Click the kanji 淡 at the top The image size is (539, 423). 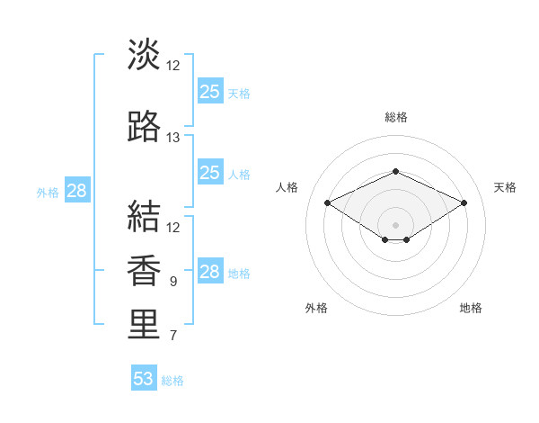pyautogui.click(x=144, y=54)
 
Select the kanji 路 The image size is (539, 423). pyautogui.click(x=144, y=126)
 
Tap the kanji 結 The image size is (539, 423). pyautogui.click(x=144, y=216)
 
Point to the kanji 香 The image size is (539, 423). pyautogui.click(x=144, y=270)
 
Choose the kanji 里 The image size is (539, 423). pyautogui.click(x=144, y=324)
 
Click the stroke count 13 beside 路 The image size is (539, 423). pyautogui.click(x=172, y=138)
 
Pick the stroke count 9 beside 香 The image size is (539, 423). pyautogui.click(x=173, y=282)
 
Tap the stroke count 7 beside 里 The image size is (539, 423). pyautogui.click(x=173, y=336)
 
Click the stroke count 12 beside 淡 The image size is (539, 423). pyautogui.click(x=172, y=66)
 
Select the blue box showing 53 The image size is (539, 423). pyautogui.click(x=144, y=377)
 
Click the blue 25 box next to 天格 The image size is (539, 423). pyautogui.click(x=210, y=91)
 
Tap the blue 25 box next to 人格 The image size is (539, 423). pyautogui.click(x=210, y=172)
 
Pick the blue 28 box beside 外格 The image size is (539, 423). pyautogui.click(x=77, y=190)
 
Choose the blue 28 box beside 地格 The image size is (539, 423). pyautogui.click(x=210, y=270)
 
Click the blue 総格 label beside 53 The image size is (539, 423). pyautogui.click(x=172, y=381)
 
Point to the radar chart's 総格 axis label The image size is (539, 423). pyautogui.click(x=396, y=117)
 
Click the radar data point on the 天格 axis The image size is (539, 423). pyautogui.click(x=464, y=202)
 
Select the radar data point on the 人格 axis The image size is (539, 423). pyautogui.click(x=327, y=202)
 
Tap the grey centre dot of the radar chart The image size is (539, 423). pyautogui.click(x=395, y=225)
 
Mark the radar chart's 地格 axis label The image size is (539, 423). pyautogui.click(x=471, y=308)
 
